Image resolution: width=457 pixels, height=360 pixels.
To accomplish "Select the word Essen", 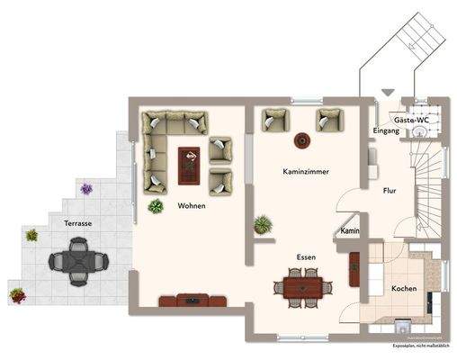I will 307,256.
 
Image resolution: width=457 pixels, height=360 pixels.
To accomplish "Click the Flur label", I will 390,191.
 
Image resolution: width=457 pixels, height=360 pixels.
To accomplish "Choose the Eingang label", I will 386,131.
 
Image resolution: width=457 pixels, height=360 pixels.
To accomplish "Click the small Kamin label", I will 351,231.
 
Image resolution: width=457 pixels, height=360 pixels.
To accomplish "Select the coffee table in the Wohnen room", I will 190,161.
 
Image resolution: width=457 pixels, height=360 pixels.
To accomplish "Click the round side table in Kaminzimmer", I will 302,140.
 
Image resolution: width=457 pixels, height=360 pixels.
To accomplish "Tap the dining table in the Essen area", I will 301,288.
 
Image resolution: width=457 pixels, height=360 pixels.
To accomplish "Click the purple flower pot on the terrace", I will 86,189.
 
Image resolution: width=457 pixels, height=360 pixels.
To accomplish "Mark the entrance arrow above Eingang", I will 388,92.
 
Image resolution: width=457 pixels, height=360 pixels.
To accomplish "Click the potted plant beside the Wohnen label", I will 157,207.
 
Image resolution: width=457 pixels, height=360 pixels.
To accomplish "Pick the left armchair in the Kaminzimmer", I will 272,120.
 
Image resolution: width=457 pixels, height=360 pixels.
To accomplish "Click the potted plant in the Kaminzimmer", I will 263,223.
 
